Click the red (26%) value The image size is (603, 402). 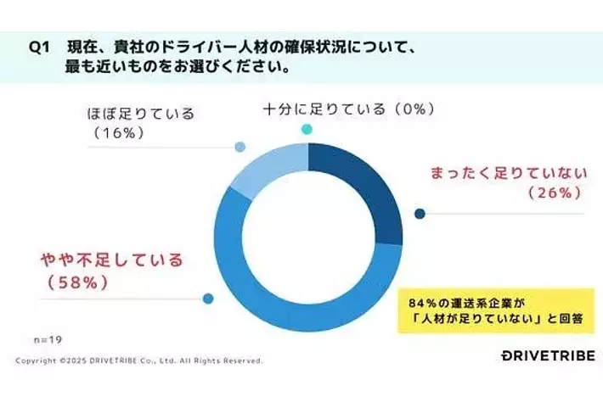pos(554,194)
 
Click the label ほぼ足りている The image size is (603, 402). pos(141,113)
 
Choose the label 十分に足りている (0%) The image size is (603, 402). pos(348,109)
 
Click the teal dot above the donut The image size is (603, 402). pos(307,129)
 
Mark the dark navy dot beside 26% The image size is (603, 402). pos(419,213)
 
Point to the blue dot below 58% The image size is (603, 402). pos(208,298)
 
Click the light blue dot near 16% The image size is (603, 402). pos(240,147)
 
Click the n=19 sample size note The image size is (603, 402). pos(48,338)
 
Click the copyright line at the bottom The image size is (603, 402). pos(139,360)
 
